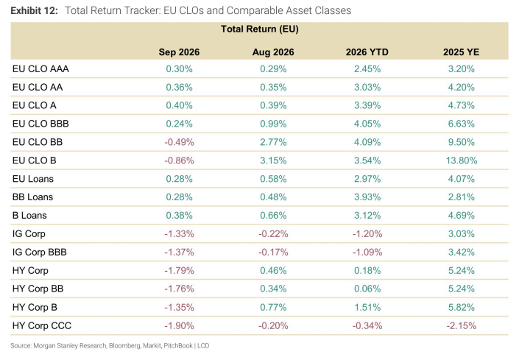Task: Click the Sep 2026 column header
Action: (179, 52)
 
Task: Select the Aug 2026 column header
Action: (273, 52)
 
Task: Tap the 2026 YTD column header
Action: (367, 52)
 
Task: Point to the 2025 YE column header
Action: (461, 52)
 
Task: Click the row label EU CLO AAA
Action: (40, 68)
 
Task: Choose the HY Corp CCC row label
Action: (42, 325)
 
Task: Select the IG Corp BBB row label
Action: (40, 252)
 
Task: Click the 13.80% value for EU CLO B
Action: (462, 160)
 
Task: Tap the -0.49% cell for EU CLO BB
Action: (179, 142)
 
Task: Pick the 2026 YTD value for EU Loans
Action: (367, 179)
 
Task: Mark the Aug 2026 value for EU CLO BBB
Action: (273, 124)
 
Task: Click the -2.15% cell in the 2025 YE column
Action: (462, 325)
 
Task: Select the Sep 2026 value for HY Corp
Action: (179, 271)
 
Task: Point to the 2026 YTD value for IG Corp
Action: (367, 234)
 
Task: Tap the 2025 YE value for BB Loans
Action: (462, 197)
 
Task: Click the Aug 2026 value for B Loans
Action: (273, 216)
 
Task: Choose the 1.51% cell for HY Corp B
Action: (367, 308)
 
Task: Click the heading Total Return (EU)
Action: (260, 29)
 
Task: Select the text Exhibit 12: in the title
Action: (34, 10)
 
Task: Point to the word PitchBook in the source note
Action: (178, 346)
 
